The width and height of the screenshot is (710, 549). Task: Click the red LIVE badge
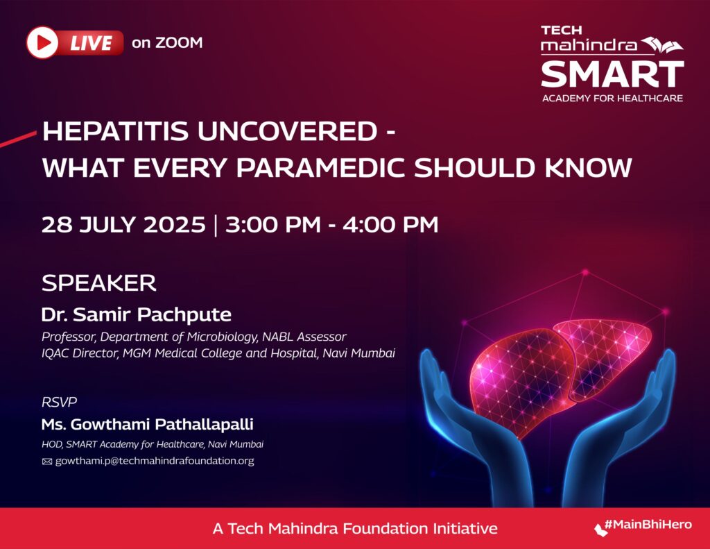75,42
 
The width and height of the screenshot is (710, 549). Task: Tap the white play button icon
42,42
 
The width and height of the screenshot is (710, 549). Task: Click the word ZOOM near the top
179,42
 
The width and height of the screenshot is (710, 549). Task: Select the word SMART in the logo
612,75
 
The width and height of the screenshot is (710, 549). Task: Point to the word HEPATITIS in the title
115,131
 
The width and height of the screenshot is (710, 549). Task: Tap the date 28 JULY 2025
123,225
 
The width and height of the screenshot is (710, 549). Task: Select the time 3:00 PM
273,225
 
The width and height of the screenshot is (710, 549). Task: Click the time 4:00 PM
390,225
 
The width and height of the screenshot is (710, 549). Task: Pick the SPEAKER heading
98,283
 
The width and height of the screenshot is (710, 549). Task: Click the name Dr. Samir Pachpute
137,314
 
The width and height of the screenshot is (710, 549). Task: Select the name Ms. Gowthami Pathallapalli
147,424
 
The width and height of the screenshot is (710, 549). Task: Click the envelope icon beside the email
47,462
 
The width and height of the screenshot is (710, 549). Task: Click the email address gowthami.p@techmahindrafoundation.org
155,461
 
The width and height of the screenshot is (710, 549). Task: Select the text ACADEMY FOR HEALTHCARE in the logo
612,99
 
